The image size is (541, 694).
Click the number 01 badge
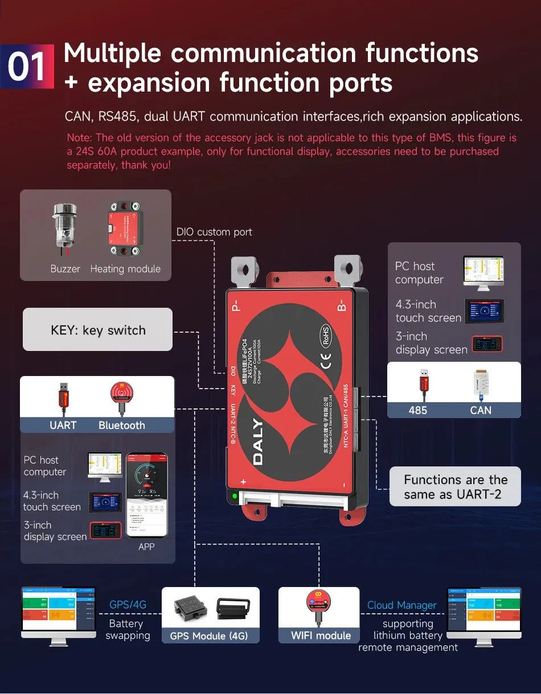(27, 67)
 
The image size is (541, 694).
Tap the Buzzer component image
(64, 228)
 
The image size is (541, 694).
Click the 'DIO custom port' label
(214, 232)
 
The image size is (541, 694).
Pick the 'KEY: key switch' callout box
(97, 331)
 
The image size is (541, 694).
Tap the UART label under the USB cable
(63, 426)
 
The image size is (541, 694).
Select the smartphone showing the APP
(146, 495)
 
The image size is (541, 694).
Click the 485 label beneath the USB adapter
(417, 410)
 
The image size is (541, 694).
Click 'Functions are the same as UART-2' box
(455, 487)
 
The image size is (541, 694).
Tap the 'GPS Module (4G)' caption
(209, 636)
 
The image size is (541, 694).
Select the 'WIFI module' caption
(321, 635)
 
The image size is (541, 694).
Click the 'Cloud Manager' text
(401, 605)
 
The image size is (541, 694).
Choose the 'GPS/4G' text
(128, 605)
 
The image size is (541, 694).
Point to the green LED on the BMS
(234, 496)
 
